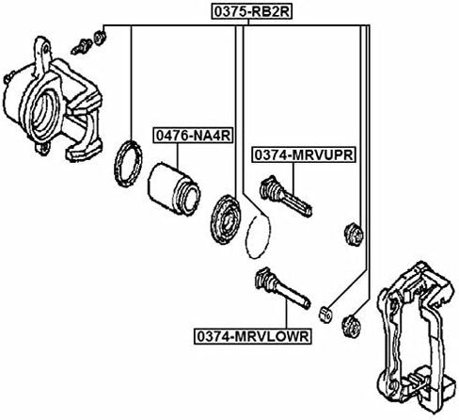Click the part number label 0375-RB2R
click(251, 11)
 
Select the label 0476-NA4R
click(193, 136)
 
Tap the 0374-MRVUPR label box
click(304, 154)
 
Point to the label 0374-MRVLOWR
click(253, 336)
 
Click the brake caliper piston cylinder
click(173, 189)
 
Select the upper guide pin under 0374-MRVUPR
click(285, 196)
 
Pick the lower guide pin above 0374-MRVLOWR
click(282, 287)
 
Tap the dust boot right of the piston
click(225, 219)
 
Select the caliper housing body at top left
click(52, 101)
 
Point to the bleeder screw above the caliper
click(82, 46)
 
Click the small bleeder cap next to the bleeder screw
click(100, 38)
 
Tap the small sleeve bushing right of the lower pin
click(325, 314)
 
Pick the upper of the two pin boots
click(354, 234)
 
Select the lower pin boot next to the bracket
click(351, 327)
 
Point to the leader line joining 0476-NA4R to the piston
click(178, 154)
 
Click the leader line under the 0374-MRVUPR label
click(293, 178)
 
